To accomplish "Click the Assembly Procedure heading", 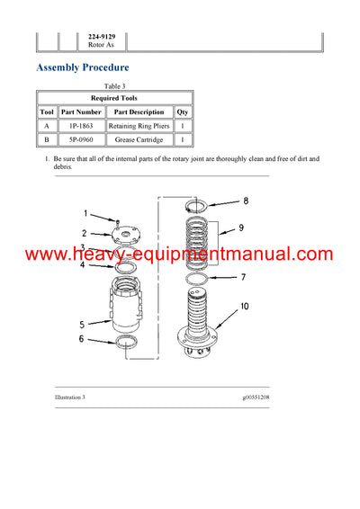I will tap(82, 67).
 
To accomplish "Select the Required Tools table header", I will tap(114, 97).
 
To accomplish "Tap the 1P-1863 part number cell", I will tap(82, 127).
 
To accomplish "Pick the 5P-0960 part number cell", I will tap(82, 140).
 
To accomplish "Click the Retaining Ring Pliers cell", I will tap(139, 127).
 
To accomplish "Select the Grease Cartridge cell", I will tap(139, 140).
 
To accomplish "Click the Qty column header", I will tap(183, 112).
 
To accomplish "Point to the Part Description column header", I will tap(139, 112).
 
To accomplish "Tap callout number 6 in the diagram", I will tap(81, 339).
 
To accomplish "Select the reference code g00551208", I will tap(262, 396).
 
